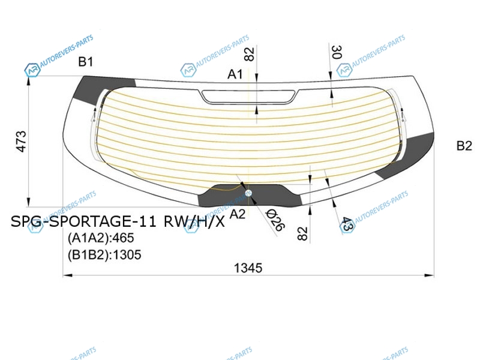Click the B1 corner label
pyautogui.click(x=85, y=62)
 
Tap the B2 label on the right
pyautogui.click(x=464, y=145)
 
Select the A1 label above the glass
pyautogui.click(x=235, y=74)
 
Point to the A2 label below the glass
pyautogui.click(x=238, y=214)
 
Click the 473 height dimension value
pyautogui.click(x=22, y=142)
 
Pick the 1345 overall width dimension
pyautogui.click(x=248, y=268)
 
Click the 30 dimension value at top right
pyautogui.click(x=337, y=52)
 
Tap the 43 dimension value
pyautogui.click(x=347, y=224)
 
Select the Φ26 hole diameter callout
pyautogui.click(x=275, y=220)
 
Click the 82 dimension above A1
pyautogui.click(x=250, y=54)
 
